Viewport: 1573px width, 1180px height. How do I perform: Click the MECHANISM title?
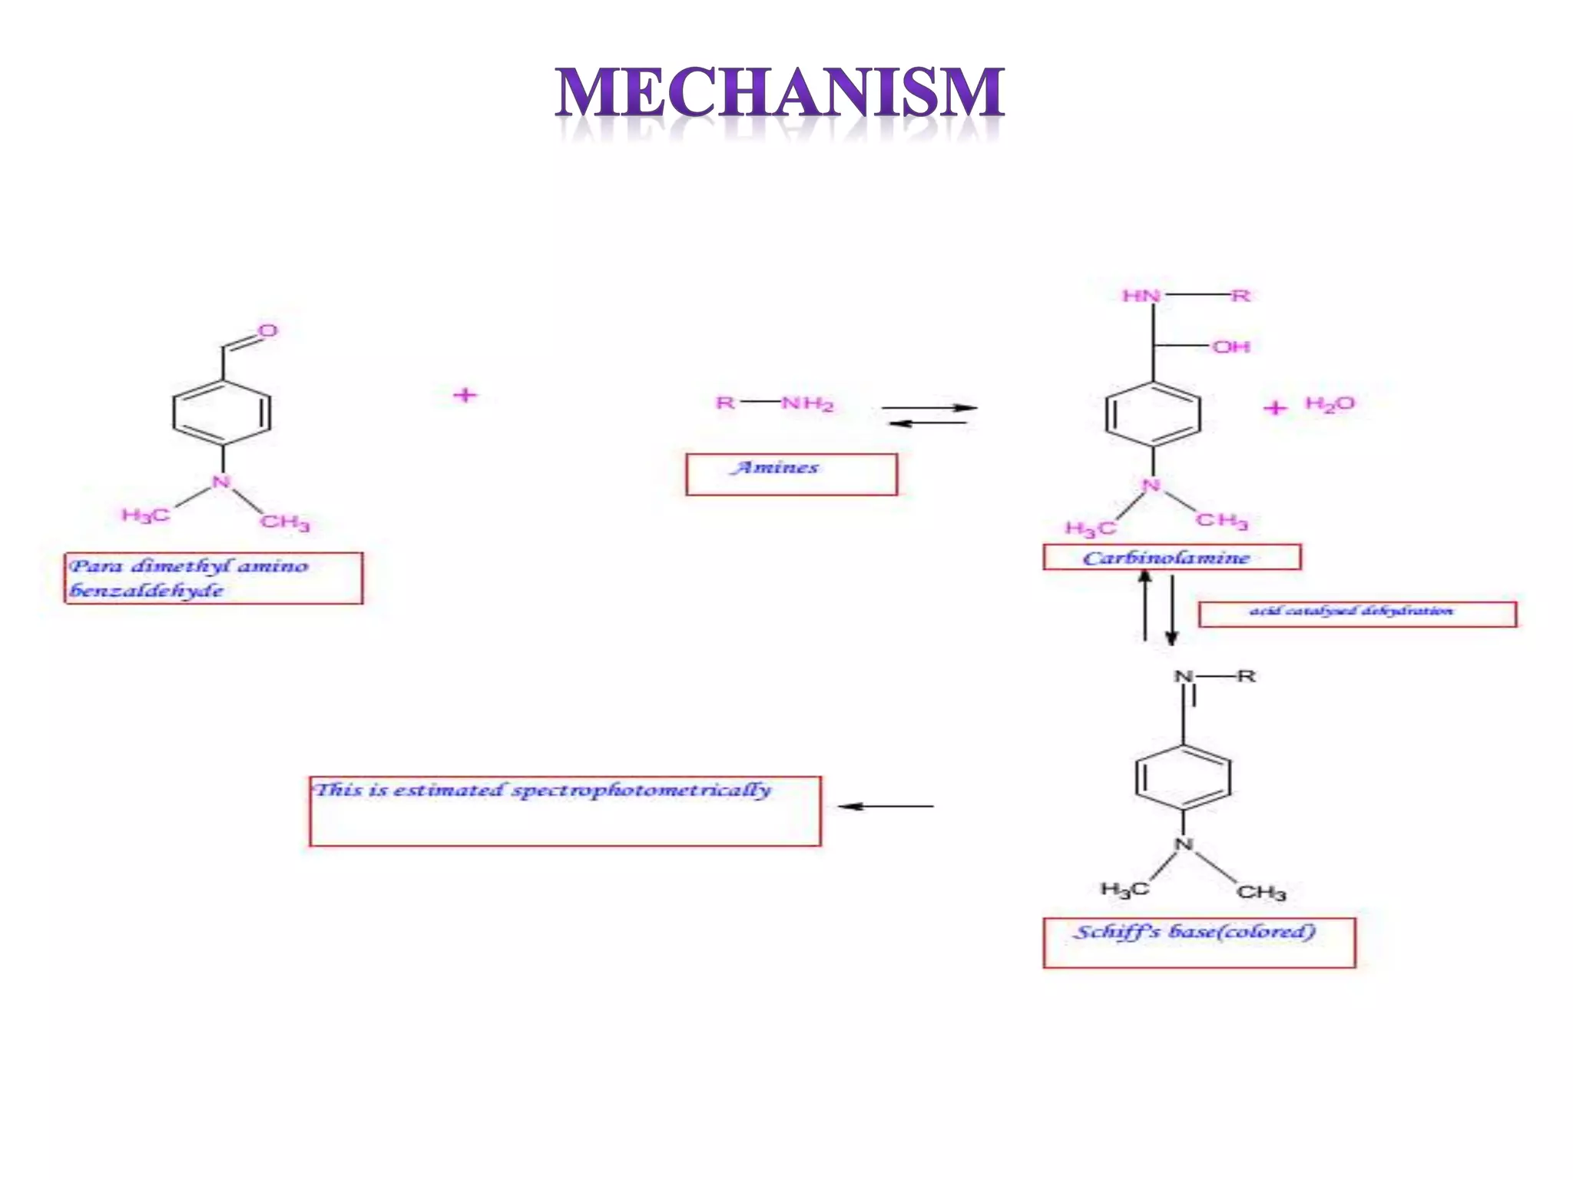pos(780,93)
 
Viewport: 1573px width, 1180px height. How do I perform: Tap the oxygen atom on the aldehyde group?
pos(267,331)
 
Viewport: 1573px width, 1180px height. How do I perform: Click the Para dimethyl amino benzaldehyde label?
pos(213,578)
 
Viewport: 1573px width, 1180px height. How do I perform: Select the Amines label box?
pos(791,474)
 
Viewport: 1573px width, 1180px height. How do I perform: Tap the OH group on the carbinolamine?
pos(1231,347)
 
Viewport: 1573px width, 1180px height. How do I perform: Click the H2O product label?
pos(1330,404)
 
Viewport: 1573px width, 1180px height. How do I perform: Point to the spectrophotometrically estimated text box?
pos(565,810)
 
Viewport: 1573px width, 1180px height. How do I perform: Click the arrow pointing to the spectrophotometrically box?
pos(886,807)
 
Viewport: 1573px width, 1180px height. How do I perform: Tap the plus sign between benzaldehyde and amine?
pos(465,396)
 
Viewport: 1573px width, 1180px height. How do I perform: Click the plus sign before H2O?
pos(1275,408)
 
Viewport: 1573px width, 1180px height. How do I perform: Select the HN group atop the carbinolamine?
pos(1141,296)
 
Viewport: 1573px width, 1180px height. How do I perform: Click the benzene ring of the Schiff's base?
pos(1183,777)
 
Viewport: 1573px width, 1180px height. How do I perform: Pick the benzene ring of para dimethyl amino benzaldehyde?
pos(222,413)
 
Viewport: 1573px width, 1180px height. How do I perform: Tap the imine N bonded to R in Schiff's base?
pos(1184,677)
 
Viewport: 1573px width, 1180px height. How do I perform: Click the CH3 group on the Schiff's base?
pos(1260,892)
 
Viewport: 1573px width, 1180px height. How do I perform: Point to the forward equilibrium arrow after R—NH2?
pos(929,408)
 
